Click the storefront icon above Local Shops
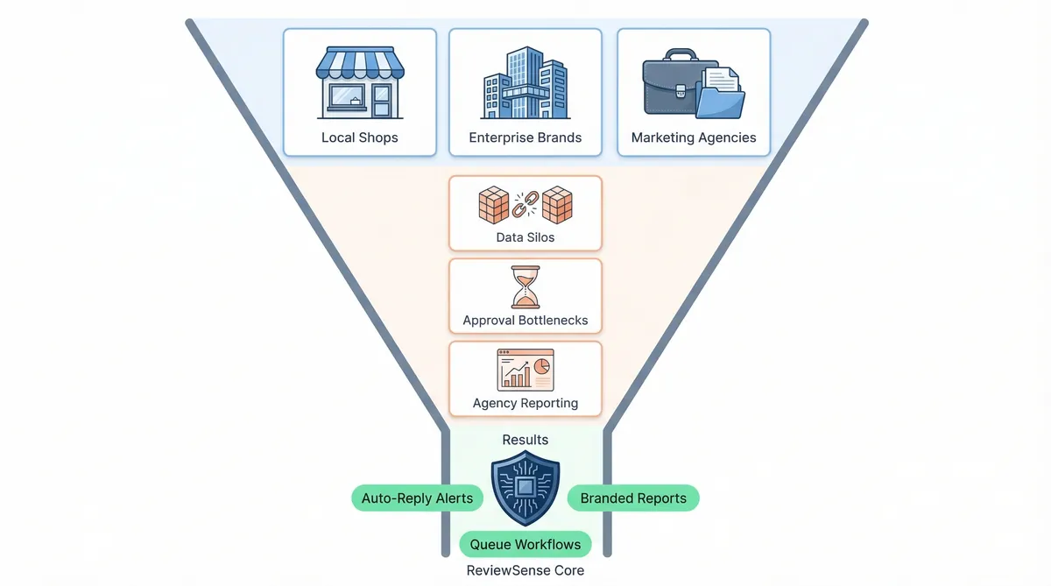[x=359, y=85]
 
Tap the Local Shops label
[x=359, y=138]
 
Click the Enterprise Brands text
[x=525, y=138]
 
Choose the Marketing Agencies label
[x=694, y=138]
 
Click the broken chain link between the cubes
[x=525, y=206]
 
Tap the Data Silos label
[x=525, y=237]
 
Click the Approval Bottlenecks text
[x=525, y=321]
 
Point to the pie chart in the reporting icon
[x=542, y=363]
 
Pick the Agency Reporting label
[x=525, y=403]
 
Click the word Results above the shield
[x=525, y=439]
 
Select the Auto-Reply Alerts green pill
[x=417, y=498]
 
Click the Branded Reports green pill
[x=633, y=498]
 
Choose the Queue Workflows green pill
[x=525, y=544]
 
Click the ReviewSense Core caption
[x=525, y=570]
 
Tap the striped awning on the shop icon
[x=359, y=63]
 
